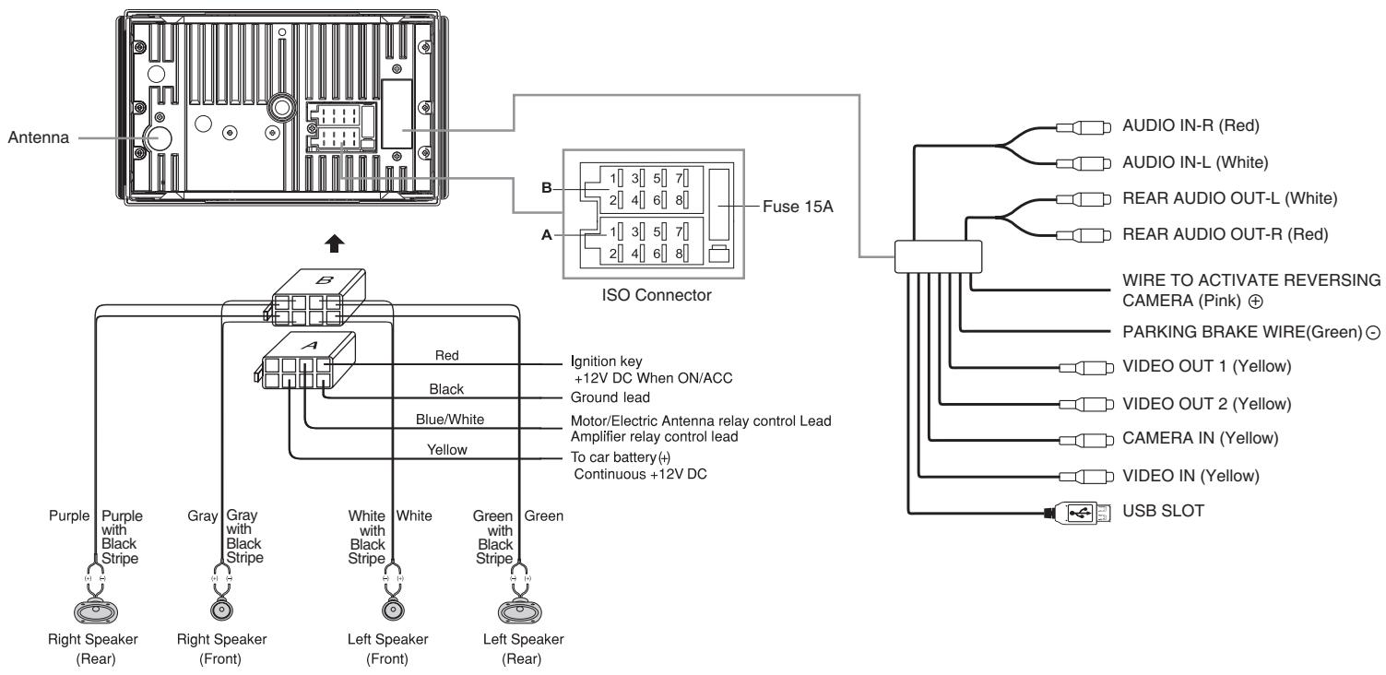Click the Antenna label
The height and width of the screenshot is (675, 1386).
39,137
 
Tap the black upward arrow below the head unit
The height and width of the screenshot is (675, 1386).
335,243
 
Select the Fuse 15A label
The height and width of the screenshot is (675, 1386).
798,207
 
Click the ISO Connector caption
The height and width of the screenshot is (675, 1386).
657,295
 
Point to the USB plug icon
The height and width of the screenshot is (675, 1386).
1077,513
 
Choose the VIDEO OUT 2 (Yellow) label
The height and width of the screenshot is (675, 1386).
1206,404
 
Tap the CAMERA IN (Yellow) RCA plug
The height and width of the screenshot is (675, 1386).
1086,441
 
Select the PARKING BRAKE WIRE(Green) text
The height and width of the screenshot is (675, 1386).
1242,332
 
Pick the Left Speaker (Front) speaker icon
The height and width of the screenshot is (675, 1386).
392,610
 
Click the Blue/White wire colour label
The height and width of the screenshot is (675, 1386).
450,420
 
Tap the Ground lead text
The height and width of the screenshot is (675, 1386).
610,397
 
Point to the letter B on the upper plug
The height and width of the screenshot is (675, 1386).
324,280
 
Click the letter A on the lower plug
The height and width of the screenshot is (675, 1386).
311,345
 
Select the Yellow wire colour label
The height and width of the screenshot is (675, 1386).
446,450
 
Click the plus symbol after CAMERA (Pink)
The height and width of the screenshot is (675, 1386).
1255,302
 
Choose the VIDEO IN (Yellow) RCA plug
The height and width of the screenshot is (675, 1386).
1086,477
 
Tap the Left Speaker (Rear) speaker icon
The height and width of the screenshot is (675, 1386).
520,612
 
